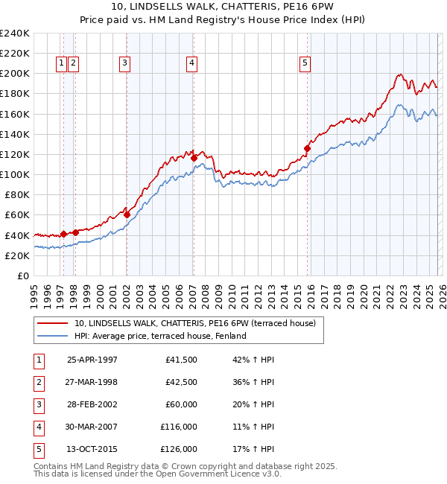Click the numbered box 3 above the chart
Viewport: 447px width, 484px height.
point(124,64)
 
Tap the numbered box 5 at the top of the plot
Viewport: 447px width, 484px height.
point(305,64)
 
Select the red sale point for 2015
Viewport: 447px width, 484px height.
point(307,148)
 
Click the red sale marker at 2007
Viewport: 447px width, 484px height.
point(194,158)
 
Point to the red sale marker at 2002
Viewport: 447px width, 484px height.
point(127,214)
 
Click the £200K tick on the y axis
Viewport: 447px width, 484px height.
point(15,74)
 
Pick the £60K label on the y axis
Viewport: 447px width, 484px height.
point(17,215)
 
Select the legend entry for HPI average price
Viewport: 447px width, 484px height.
point(159,337)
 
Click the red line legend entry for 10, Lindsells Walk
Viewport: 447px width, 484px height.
point(195,323)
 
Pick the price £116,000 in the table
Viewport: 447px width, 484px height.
point(179,427)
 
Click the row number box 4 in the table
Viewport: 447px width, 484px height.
point(37,427)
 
